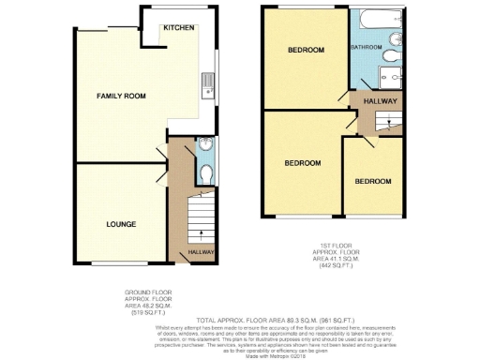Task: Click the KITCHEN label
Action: (178, 28)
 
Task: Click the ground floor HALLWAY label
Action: (202, 252)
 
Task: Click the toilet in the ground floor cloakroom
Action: (206, 173)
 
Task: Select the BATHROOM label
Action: (366, 47)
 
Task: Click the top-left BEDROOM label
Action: (306, 50)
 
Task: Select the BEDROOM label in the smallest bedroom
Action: (372, 180)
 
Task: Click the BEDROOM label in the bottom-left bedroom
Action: (303, 163)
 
